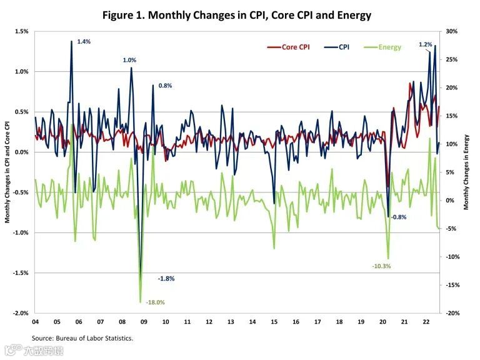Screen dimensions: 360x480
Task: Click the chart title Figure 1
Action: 240,15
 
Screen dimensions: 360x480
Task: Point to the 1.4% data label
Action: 84,42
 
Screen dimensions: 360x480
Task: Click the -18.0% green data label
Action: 155,302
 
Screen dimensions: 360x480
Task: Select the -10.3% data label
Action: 381,266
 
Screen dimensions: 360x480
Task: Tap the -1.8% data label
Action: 166,278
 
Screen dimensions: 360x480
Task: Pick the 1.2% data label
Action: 426,45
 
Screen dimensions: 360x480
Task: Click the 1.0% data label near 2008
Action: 129,60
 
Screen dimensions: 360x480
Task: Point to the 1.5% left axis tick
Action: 21,31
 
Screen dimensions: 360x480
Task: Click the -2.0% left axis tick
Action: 21,313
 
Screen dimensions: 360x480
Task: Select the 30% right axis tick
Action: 451,31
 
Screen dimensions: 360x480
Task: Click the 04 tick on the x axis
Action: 35,322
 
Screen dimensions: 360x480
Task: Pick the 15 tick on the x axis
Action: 274,322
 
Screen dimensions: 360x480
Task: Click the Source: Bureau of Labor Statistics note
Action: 82,338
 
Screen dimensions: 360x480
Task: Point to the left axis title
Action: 7,172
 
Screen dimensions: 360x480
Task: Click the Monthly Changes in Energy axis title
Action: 466,172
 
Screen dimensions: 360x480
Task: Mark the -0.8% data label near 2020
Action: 398,217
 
